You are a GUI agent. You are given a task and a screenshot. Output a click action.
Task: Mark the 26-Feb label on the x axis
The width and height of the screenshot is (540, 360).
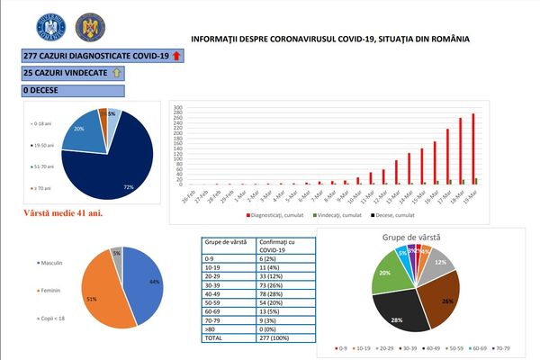point(184,196)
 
